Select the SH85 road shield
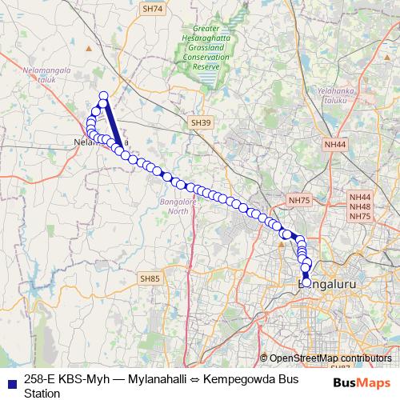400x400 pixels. (150, 278)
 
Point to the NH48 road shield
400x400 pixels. (360, 206)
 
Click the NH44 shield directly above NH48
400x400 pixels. (360, 197)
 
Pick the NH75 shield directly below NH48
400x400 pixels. (360, 216)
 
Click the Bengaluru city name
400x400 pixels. (326, 284)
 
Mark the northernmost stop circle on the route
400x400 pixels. (103, 97)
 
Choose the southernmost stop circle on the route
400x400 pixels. (306, 282)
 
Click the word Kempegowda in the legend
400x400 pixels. (235, 379)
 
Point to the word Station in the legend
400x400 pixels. (42, 393)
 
